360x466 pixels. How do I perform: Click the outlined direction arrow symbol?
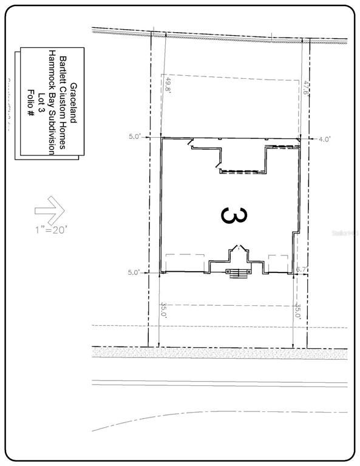coord(50,210)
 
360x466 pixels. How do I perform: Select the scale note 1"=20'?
coord(51,229)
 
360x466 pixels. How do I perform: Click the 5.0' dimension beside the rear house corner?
coord(134,137)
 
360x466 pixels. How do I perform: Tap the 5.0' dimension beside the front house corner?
coord(134,272)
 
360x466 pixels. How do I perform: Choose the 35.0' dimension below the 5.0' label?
coord(163,311)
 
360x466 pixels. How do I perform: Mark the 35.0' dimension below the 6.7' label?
coord(298,311)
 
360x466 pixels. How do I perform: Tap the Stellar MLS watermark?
coord(346,232)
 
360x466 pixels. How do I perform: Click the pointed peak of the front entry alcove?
coord(237,246)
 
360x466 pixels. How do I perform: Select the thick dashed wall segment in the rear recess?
coord(243,172)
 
